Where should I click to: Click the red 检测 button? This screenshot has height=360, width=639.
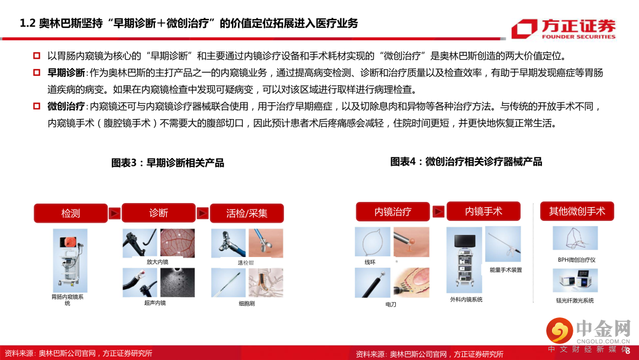tap(70, 213)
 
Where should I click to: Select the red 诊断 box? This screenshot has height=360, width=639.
tap(159, 213)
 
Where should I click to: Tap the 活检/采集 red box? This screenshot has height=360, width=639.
tap(247, 213)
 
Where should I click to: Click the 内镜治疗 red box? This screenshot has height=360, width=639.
tap(393, 211)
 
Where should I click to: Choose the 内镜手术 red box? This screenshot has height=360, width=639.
tap(483, 211)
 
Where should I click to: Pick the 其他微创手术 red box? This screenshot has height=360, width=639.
tap(577, 211)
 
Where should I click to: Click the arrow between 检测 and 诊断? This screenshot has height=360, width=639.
tap(115, 213)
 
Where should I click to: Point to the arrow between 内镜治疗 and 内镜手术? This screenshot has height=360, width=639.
tap(438, 211)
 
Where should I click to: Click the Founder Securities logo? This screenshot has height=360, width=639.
tap(564, 29)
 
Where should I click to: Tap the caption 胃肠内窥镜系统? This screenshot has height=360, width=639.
tap(67, 300)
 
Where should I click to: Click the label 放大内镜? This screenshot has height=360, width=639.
tap(157, 262)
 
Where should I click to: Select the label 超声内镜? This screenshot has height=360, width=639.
tap(155, 303)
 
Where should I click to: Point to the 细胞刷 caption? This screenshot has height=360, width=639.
tap(247, 303)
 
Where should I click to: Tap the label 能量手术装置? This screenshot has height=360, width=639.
tap(506, 270)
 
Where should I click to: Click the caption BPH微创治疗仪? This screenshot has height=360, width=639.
tap(577, 260)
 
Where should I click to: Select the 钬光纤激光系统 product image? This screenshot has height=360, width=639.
tap(575, 281)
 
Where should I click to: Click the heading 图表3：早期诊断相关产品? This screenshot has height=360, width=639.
tap(167, 163)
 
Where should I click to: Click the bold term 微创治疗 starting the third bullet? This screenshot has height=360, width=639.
tap(66, 107)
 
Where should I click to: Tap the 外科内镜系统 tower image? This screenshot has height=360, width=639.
tap(464, 260)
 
